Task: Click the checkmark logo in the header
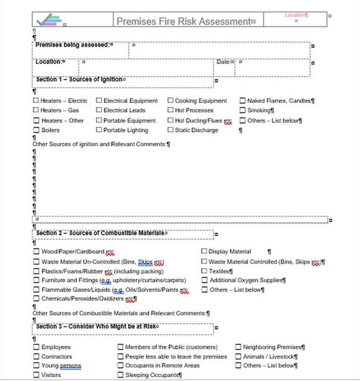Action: [49, 20]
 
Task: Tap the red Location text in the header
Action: [296, 15]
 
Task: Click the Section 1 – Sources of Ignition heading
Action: [80, 79]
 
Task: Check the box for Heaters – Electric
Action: [36, 101]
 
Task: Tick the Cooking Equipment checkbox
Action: [171, 101]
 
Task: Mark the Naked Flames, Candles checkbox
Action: [243, 101]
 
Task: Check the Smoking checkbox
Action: [243, 110]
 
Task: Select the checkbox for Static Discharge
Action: [171, 130]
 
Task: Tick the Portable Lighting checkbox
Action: [99, 130]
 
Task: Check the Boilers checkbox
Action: [36, 130]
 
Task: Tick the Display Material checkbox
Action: [204, 251]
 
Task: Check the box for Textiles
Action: [204, 271]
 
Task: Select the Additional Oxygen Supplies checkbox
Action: [204, 280]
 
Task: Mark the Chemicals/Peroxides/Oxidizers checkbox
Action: [36, 299]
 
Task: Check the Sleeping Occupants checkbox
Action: [120, 375]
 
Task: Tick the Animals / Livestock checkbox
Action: [238, 356]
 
